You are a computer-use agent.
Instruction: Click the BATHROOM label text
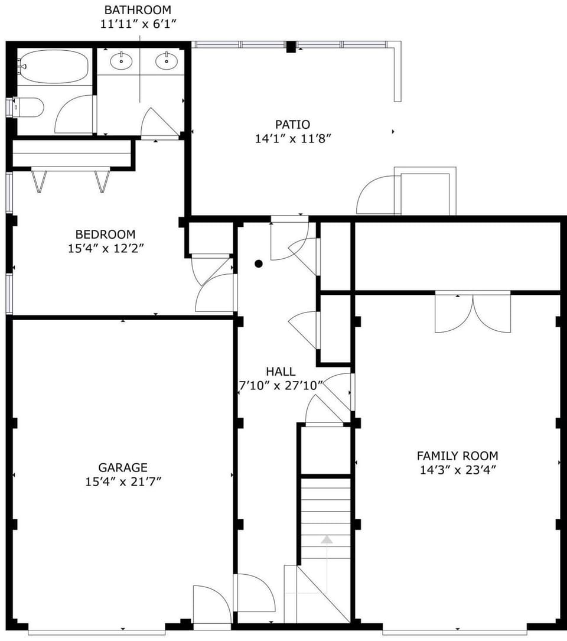pyautogui.click(x=138, y=10)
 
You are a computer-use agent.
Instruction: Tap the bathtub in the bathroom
pyautogui.click(x=54, y=66)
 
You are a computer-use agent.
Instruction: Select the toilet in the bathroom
pyautogui.click(x=30, y=108)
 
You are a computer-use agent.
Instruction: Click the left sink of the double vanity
pyautogui.click(x=122, y=60)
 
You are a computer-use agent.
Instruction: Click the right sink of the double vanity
pyautogui.click(x=167, y=60)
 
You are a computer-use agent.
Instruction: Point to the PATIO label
pyautogui.click(x=292, y=125)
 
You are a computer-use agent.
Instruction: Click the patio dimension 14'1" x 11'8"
pyautogui.click(x=292, y=139)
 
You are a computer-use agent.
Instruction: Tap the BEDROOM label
pyautogui.click(x=105, y=235)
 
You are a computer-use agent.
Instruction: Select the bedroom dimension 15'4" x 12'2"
pyautogui.click(x=105, y=249)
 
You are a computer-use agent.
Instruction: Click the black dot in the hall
pyautogui.click(x=258, y=264)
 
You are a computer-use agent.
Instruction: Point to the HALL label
pyautogui.click(x=281, y=372)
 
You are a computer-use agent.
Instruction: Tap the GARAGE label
pyautogui.click(x=123, y=468)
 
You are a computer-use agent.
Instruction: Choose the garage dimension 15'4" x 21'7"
pyautogui.click(x=123, y=482)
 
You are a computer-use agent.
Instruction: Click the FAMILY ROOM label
pyautogui.click(x=457, y=456)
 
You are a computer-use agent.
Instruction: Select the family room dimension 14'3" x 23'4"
pyautogui.click(x=457, y=470)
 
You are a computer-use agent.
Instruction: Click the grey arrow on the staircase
pyautogui.click(x=327, y=539)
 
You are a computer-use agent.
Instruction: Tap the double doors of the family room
pyautogui.click(x=472, y=313)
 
